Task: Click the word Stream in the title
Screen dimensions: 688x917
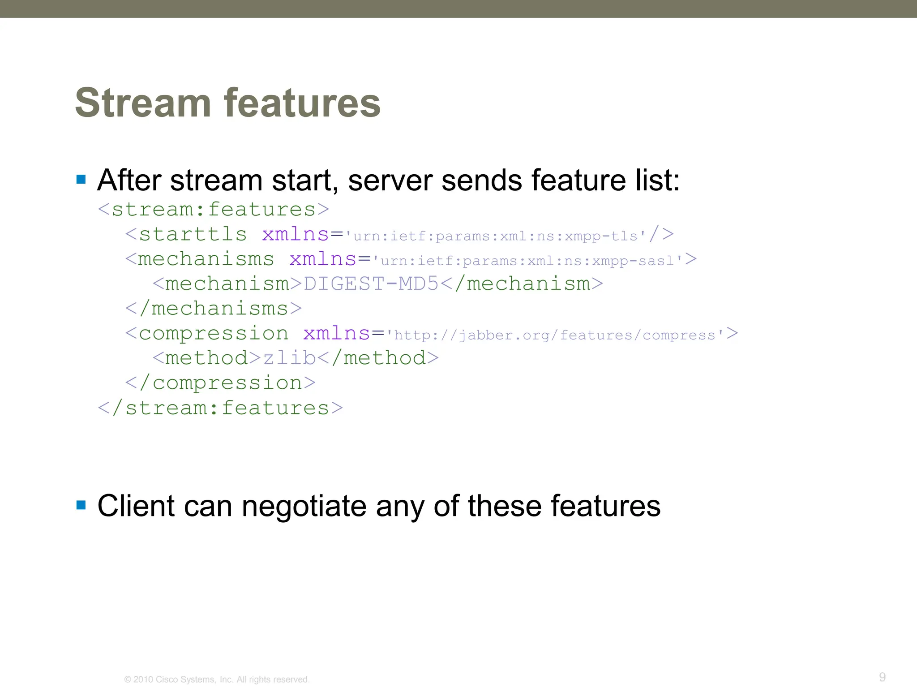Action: click(x=143, y=103)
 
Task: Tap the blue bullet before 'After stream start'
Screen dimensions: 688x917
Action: click(x=81, y=180)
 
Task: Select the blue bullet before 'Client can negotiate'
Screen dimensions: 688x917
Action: click(x=81, y=505)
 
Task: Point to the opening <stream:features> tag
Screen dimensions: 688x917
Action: click(x=214, y=209)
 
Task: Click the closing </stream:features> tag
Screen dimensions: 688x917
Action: click(x=220, y=408)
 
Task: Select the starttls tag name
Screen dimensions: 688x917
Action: click(x=193, y=234)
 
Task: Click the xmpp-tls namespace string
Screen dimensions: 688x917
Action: click(x=496, y=236)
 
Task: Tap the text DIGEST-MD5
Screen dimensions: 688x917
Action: click(x=371, y=284)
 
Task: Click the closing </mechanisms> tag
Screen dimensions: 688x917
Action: click(x=214, y=309)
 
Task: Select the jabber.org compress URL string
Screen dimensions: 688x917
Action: click(x=555, y=335)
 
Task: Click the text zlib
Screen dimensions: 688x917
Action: click(x=289, y=358)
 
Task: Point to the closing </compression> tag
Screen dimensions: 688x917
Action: click(x=220, y=383)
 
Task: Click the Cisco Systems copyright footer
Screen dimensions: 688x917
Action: click(x=217, y=679)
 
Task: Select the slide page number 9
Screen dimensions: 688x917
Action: click(x=882, y=677)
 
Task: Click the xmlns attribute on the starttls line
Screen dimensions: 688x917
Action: click(x=296, y=234)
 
